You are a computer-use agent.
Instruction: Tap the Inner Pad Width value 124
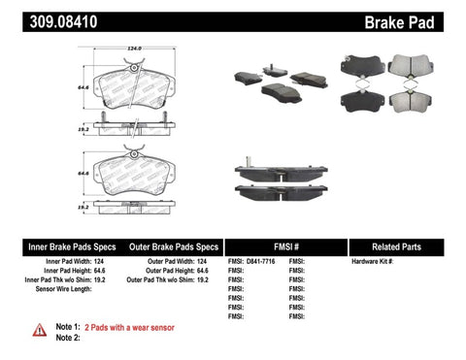98,262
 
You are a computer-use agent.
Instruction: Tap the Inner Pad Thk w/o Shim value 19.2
100,280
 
